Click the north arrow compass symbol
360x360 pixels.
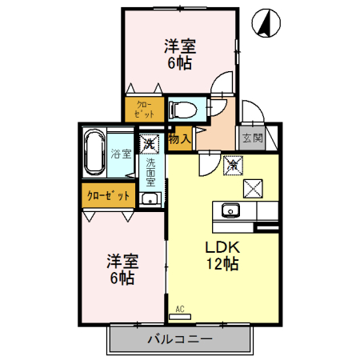[266, 24]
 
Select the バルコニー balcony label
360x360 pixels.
[179, 339]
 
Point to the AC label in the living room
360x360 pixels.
[179, 307]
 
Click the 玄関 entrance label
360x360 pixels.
[252, 138]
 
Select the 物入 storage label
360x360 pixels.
[179, 138]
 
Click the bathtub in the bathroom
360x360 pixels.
[94, 151]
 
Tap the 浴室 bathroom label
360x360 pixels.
[121, 154]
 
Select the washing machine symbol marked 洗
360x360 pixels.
[149, 144]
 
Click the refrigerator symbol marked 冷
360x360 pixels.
[233, 165]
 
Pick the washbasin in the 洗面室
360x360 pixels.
[149, 198]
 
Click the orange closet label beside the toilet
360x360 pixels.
[144, 108]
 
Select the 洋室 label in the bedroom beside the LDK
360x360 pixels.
[122, 262]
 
